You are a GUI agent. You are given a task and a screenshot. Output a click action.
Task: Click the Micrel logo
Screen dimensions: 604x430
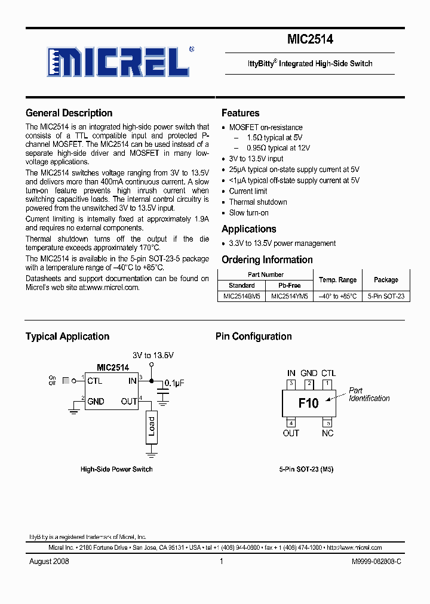(x=118, y=60)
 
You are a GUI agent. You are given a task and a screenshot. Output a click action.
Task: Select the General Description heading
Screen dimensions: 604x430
(x=69, y=113)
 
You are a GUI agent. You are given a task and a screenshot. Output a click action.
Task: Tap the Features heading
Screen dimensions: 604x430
(x=240, y=113)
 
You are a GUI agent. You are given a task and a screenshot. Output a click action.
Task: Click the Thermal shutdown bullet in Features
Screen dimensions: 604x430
(x=258, y=202)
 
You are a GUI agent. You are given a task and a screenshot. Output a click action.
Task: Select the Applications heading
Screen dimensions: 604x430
(x=248, y=229)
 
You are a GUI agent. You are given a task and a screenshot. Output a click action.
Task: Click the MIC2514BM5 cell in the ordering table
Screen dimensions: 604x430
(x=241, y=296)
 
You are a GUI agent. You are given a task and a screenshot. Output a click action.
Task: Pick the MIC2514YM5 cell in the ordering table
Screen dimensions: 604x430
(x=290, y=296)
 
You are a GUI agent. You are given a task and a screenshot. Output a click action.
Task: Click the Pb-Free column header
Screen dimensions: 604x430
(x=290, y=285)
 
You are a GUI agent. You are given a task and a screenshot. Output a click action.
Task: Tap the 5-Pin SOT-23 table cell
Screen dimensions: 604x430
(x=386, y=296)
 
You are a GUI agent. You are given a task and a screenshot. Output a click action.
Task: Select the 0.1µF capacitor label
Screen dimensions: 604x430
(x=174, y=383)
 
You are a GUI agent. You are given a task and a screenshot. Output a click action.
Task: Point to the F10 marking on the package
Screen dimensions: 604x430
(x=308, y=403)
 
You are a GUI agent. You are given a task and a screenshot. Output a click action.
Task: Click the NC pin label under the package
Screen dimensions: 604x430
(x=327, y=433)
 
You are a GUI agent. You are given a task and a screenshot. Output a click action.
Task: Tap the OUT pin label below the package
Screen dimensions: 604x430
(x=291, y=433)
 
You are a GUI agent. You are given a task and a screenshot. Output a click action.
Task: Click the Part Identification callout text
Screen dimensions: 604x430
(x=368, y=395)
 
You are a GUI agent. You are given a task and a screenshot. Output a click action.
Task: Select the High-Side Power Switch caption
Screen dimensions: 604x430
(x=116, y=469)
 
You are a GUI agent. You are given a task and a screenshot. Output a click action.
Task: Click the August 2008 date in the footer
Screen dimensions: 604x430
(x=49, y=562)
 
